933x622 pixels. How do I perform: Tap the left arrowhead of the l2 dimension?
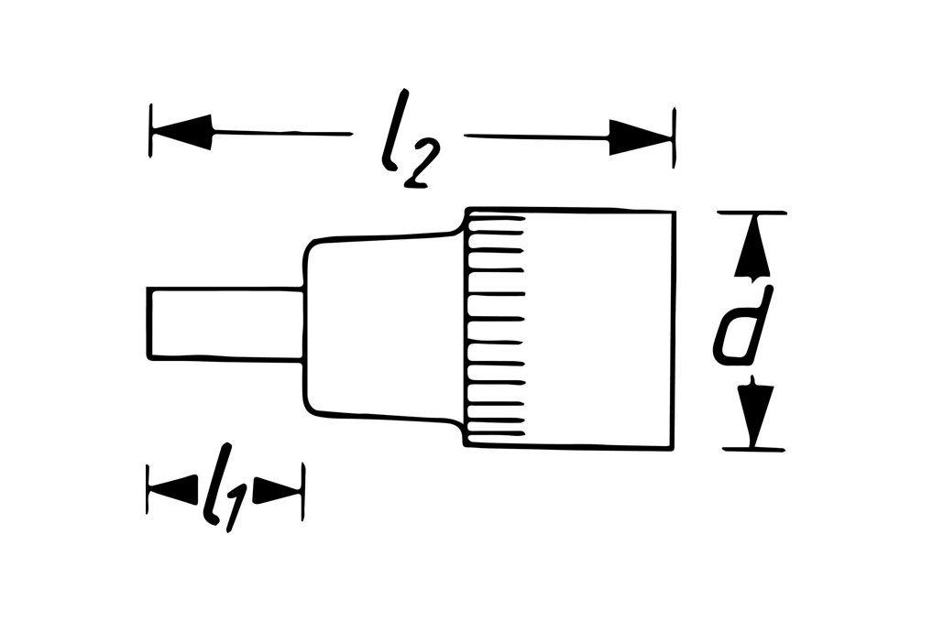[x=182, y=133]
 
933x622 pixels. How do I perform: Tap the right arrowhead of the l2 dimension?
[x=641, y=138]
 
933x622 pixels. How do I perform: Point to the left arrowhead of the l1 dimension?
[x=173, y=490]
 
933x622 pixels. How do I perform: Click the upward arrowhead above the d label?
[x=752, y=248]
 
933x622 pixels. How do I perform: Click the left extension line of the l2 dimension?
[x=149, y=131]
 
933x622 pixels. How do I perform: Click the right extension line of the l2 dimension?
[x=675, y=137]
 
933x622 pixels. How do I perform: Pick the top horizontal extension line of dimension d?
[x=752, y=213]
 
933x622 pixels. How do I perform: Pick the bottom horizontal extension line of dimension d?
[x=753, y=449]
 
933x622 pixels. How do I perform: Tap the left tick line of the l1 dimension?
[x=148, y=489]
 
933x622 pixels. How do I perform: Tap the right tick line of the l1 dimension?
[x=302, y=492]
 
